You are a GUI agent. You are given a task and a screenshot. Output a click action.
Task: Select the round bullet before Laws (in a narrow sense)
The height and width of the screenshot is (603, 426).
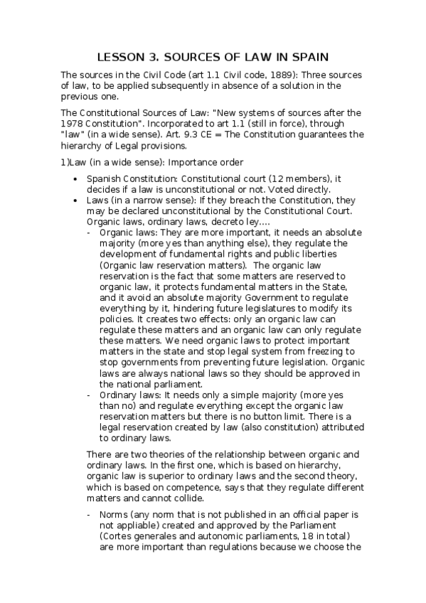(x=76, y=201)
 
